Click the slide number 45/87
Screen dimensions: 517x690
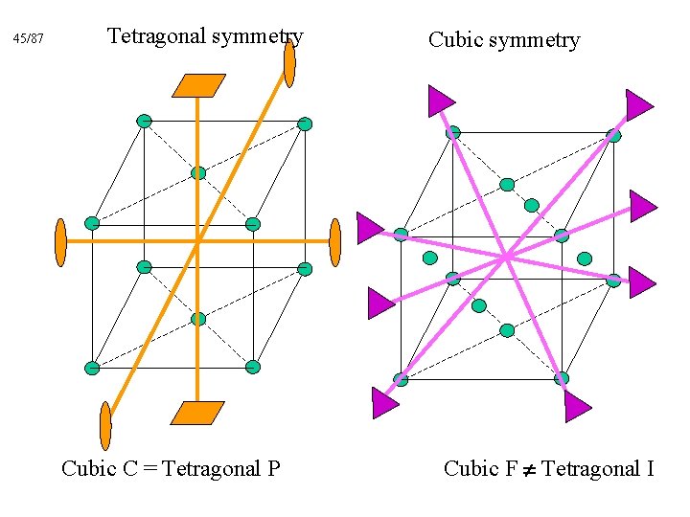29,39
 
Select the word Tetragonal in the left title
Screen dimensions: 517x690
156,36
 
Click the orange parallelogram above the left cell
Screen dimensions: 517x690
198,85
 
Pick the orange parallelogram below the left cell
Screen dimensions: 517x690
197,413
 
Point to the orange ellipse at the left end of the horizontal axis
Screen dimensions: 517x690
60,242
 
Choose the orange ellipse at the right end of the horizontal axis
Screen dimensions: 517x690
334,242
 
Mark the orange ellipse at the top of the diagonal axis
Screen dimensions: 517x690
289,63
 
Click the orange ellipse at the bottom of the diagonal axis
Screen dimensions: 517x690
105,425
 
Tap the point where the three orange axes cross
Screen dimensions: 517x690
197,241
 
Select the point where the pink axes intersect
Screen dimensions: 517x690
505,256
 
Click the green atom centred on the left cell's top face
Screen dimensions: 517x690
198,173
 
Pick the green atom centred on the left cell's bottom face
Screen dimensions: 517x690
198,319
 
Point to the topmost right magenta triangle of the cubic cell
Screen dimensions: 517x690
638,103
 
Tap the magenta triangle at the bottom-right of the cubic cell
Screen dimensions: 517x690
576,407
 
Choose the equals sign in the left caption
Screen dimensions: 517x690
150,469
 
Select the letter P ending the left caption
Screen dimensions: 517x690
273,468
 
